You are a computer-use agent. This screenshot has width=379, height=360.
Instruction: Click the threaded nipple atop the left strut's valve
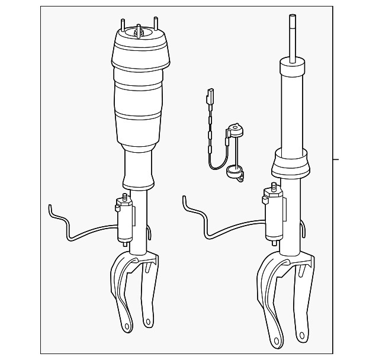(x=123, y=197)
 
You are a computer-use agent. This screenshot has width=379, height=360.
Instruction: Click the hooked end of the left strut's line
(x=52, y=207)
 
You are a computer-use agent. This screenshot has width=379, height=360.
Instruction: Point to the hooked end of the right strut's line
(x=187, y=201)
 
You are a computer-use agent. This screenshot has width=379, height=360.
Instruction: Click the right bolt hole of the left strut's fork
(x=147, y=322)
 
